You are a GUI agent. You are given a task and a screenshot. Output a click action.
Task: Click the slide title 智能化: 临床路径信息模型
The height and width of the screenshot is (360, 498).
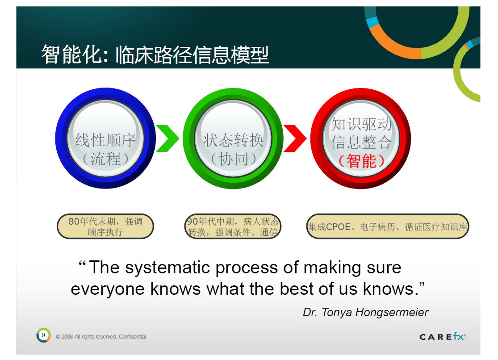coord(155,54)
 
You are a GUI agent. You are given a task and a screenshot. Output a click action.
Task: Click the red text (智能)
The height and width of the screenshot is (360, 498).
coord(361,161)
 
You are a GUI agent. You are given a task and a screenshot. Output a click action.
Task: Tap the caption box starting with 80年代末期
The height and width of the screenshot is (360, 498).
coord(105,226)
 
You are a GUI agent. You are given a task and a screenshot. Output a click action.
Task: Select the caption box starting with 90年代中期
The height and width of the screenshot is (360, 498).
coord(233,226)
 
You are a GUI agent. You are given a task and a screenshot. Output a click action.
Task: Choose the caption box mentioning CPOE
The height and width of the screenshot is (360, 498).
coord(388,226)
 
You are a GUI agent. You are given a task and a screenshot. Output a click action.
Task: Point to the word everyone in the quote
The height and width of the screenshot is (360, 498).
coord(108,289)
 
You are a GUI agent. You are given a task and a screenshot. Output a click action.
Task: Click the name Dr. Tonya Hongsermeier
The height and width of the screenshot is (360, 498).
coord(365,312)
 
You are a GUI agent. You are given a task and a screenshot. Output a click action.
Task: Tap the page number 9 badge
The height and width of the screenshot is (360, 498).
coord(43,335)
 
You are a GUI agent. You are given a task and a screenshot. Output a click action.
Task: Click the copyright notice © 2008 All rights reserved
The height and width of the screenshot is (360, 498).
coord(86,337)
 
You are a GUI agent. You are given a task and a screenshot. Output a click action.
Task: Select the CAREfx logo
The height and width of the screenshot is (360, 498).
coord(443,336)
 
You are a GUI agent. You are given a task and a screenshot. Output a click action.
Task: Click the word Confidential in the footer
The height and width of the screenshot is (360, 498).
coord(133,337)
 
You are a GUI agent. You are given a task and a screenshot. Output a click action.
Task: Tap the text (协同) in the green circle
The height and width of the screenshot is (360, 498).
coord(234,159)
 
